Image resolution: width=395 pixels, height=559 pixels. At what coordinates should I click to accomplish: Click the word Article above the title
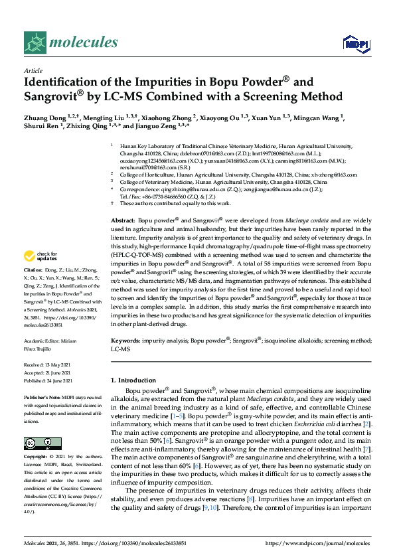[33, 71]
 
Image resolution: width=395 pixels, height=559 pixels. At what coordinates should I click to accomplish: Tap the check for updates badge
[40, 256]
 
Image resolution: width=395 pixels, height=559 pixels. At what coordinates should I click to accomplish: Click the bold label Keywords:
[125, 339]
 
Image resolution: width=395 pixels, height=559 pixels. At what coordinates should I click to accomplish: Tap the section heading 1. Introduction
[137, 380]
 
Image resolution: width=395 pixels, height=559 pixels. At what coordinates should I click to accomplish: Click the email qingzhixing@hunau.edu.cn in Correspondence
[188, 189]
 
